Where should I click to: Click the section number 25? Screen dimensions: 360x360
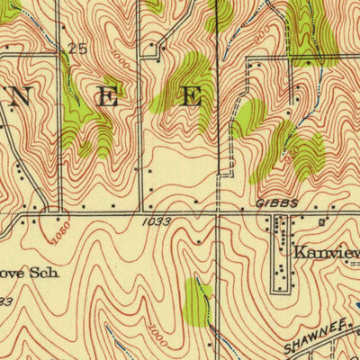(x=78, y=49)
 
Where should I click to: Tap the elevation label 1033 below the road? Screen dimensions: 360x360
(x=156, y=221)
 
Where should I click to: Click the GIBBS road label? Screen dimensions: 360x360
(x=276, y=205)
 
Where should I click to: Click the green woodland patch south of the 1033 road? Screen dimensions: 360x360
(x=196, y=301)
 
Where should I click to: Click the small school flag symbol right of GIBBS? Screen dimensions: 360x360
(x=321, y=219)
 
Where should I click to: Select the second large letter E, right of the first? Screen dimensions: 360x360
(x=192, y=98)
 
